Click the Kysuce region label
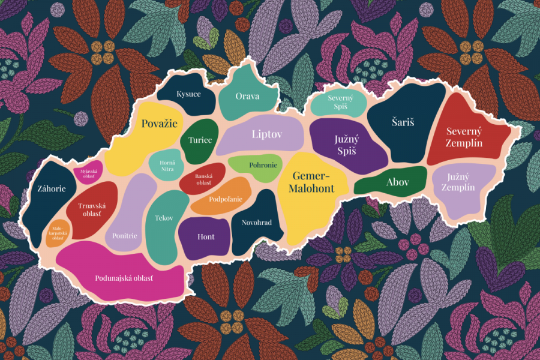(188, 95)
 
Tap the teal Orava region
(247, 96)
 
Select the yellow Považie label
(160, 124)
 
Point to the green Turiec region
(200, 140)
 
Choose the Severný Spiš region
(340, 102)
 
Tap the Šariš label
(403, 122)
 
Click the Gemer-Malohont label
(314, 181)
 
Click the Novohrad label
(257, 223)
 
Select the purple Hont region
(206, 236)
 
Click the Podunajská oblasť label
(124, 278)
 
